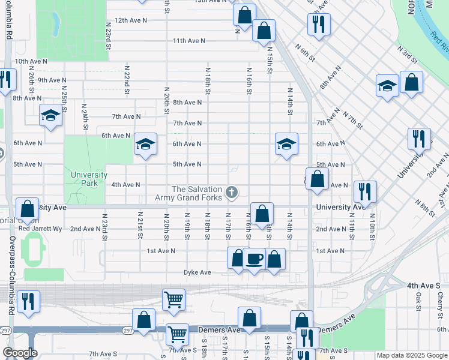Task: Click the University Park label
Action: (88, 179)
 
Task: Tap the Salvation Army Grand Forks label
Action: (197, 193)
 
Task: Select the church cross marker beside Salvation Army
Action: (232, 193)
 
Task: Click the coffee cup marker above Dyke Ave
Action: (255, 258)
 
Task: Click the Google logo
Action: (20, 353)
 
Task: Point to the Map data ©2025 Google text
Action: (412, 355)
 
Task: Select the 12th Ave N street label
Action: (131, 20)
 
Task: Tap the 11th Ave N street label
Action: (189, 41)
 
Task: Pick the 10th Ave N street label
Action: (31, 61)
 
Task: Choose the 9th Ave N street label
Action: (52, 80)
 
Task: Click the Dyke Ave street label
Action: (197, 272)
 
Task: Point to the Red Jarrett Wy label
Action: (40, 229)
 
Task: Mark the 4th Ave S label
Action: (423, 286)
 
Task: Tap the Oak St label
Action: (418, 297)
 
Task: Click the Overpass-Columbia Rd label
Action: (11, 275)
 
